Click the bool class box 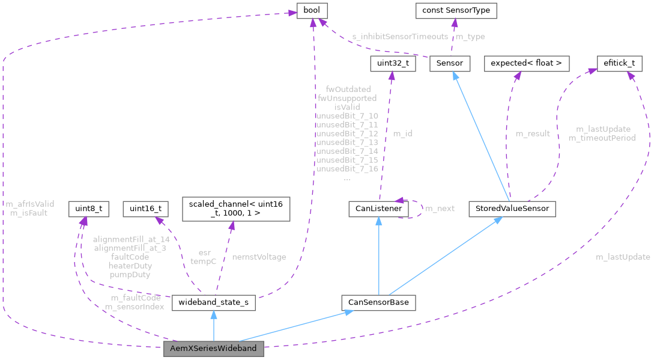312,11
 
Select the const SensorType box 456,11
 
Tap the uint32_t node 392,63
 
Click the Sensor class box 449,63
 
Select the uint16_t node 145,209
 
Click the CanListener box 378,209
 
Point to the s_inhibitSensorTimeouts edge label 400,37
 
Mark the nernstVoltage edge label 259,257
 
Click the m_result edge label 532,133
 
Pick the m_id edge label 402,133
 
